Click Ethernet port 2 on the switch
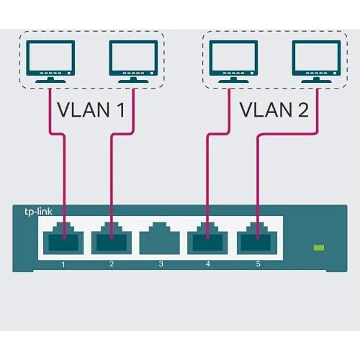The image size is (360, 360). (x=112, y=240)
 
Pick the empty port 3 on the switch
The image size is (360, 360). (x=161, y=240)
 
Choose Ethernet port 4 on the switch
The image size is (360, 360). (x=209, y=240)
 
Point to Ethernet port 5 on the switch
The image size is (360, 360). (x=257, y=240)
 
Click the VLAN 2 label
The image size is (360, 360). (x=271, y=111)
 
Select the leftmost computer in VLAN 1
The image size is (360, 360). (x=50, y=62)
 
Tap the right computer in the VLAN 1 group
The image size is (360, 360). (x=133, y=62)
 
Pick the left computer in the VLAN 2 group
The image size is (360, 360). (x=233, y=62)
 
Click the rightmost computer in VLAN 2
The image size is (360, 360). (x=315, y=62)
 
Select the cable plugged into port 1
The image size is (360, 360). (x=64, y=173)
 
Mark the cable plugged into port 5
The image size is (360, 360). (x=257, y=180)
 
